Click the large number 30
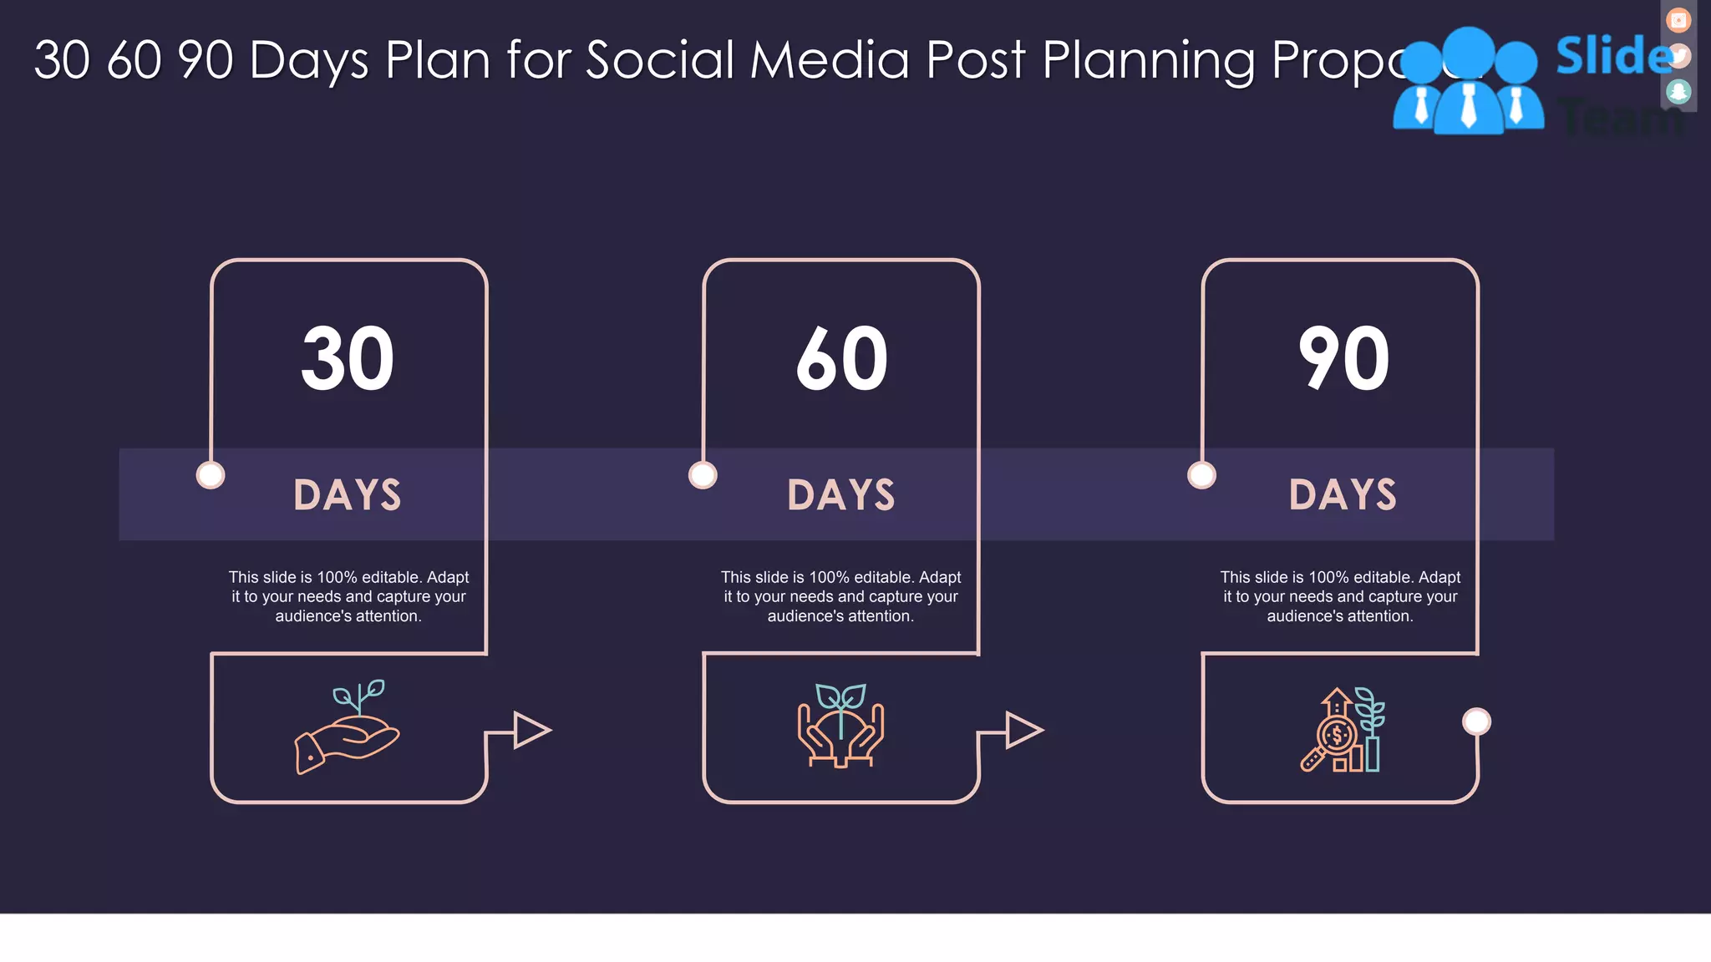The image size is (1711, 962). [x=348, y=359]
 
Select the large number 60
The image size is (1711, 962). [x=841, y=359]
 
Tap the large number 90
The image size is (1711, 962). [x=1343, y=359]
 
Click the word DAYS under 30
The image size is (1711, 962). [x=348, y=494]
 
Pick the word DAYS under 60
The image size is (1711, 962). [x=841, y=494]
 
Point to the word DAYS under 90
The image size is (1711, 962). [x=1343, y=494]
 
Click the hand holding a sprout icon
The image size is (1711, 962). [x=348, y=727]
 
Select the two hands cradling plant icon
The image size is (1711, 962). [x=841, y=726]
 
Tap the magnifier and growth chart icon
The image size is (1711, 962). [x=1343, y=730]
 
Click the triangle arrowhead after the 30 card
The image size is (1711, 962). [x=530, y=731]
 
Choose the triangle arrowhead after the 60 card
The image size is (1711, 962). [x=1022, y=731]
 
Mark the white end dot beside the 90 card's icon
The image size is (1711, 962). [x=1476, y=721]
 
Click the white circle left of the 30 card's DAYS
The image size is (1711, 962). [x=211, y=475]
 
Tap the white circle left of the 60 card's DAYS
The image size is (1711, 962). [x=703, y=475]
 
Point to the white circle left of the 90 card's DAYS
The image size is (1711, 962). [x=1201, y=475]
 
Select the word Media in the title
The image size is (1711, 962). [x=829, y=60]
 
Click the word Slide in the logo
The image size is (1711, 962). [x=1612, y=57]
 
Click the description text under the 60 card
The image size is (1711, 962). [x=841, y=596]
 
